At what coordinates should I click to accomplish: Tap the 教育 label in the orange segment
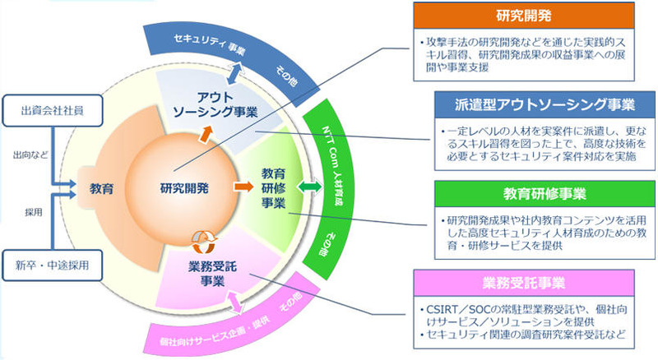tap(101, 188)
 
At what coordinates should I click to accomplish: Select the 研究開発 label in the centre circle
tap(184, 188)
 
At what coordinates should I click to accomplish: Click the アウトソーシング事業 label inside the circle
tap(223, 103)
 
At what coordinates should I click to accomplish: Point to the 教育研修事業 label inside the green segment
tap(273, 188)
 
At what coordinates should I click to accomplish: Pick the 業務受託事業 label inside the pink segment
tap(211, 272)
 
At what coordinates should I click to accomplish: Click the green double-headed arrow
tap(309, 188)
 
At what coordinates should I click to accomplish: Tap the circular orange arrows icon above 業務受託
tap(200, 242)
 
